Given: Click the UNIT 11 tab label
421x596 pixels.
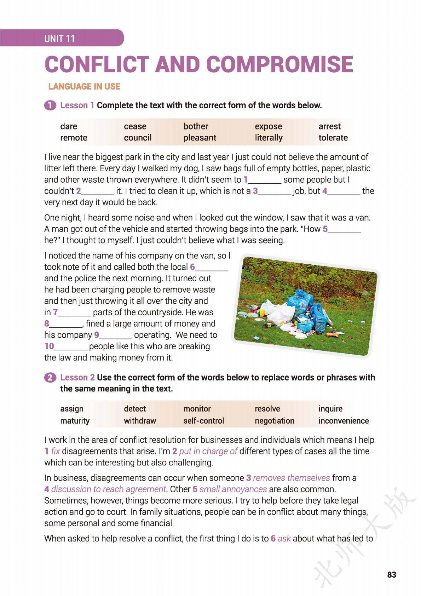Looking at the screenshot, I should pos(59,38).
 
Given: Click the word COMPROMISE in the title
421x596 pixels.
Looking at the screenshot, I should pos(279,64).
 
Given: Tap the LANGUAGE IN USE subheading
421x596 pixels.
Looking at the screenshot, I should pos(84,87).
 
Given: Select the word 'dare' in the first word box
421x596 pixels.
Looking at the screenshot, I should pos(69,126).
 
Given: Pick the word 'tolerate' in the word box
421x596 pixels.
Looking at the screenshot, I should pos(333,138).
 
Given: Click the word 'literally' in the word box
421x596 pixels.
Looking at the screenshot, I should pos(269,138).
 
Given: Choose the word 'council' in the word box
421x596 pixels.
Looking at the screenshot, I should pos(138,138).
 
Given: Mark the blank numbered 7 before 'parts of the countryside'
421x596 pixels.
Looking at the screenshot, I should pos(75,313).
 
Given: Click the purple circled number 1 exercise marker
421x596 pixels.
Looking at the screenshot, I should pos(50,105).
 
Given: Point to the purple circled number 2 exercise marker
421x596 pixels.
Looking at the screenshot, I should pos(50,378).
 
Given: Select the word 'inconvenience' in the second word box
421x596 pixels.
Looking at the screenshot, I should pos(343,421).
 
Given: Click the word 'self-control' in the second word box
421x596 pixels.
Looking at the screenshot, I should pos(203,421).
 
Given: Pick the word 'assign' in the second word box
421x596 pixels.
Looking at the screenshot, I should pos(72,409).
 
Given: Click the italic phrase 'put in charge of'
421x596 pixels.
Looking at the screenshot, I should pos(208,451).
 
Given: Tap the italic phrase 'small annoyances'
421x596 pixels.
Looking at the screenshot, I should pos(233,489).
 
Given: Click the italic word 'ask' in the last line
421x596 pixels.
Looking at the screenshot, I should pos(284,539).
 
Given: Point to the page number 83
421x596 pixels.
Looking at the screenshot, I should pos(392,575).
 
